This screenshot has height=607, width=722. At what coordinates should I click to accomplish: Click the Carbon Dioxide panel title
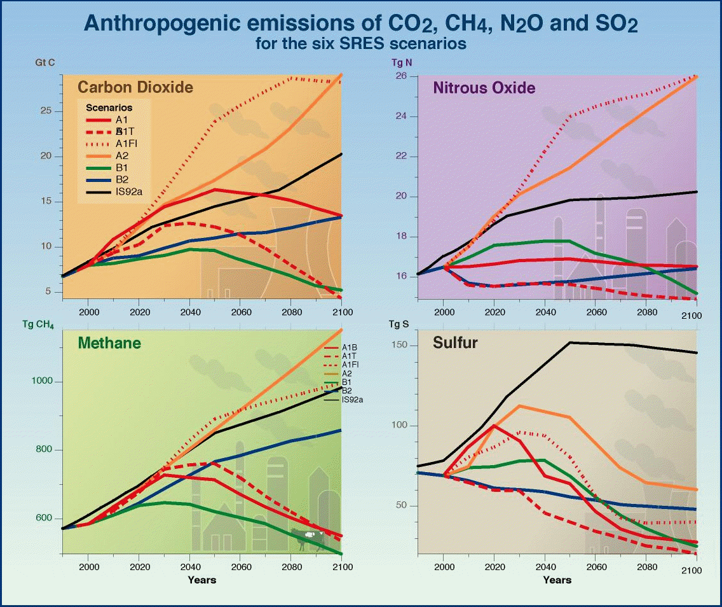(x=135, y=87)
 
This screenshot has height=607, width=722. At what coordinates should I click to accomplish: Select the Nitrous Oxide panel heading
(x=484, y=88)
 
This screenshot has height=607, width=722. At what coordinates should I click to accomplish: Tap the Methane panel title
(x=109, y=344)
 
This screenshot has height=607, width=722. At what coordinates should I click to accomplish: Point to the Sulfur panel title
(x=455, y=343)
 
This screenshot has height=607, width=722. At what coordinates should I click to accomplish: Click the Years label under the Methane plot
(x=202, y=580)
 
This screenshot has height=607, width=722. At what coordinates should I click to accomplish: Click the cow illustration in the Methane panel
(x=307, y=536)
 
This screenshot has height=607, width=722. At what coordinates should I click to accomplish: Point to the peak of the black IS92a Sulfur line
(x=569, y=342)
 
